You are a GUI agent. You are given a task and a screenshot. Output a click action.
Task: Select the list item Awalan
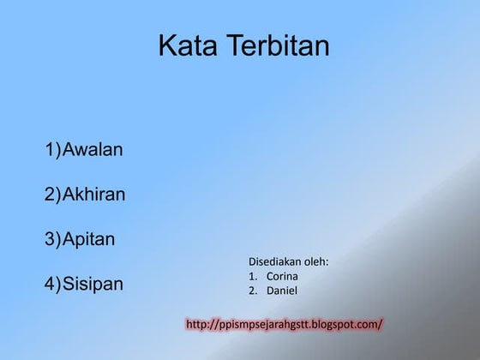tap(93, 150)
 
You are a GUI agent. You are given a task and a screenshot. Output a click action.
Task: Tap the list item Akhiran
tap(95, 195)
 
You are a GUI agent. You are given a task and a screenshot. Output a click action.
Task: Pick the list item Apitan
tap(90, 239)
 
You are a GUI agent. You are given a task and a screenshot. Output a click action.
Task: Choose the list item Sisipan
tap(93, 284)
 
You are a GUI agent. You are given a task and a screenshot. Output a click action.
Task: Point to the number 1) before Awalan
tap(53, 150)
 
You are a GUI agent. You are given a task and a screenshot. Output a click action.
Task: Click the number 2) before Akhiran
tap(53, 195)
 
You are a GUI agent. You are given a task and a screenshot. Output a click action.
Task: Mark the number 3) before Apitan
tap(53, 239)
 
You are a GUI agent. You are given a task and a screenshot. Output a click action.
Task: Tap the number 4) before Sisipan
tap(53, 284)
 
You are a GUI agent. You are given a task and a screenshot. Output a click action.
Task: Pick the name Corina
tap(283, 276)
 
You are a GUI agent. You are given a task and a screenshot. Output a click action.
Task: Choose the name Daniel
tap(282, 291)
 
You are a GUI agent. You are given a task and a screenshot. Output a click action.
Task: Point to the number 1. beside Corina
tap(253, 276)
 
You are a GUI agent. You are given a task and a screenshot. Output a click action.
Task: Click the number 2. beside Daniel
tap(253, 291)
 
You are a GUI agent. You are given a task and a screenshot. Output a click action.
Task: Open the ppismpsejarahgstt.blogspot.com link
tap(297, 324)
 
